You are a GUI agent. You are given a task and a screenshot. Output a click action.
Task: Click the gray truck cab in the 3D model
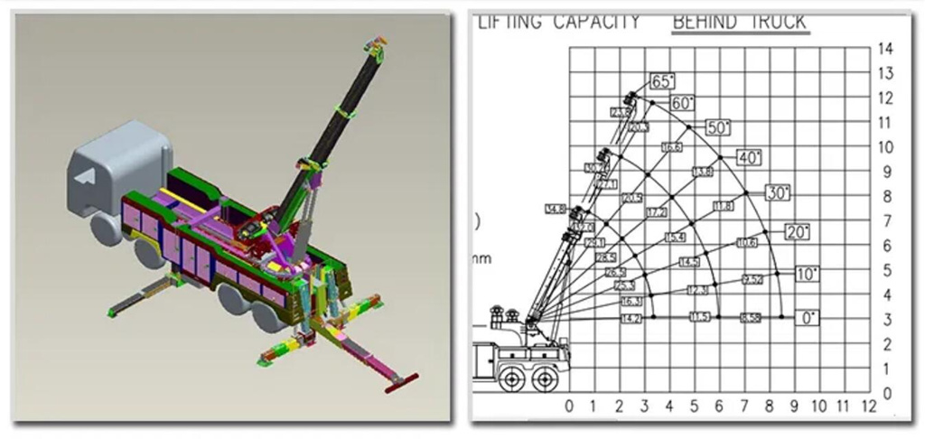point(117,167)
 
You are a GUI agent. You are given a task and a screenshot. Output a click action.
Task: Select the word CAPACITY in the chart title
point(596,21)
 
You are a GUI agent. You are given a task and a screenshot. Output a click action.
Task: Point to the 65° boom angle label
point(662,81)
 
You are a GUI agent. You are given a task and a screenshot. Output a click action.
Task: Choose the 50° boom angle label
point(718,127)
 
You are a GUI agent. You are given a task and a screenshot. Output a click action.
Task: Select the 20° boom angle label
point(797,232)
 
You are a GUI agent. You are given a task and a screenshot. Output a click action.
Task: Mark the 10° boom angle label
point(808,274)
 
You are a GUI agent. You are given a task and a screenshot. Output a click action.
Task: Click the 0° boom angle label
point(810,318)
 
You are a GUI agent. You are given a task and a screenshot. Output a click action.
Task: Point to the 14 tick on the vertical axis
point(886,48)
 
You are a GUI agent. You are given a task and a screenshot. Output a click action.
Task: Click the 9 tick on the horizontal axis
point(795,406)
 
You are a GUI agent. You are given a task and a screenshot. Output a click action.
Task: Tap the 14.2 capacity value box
point(631,318)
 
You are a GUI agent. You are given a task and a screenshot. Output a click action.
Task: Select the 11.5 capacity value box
point(700,318)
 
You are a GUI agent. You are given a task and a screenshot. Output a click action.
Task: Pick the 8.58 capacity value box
point(750,318)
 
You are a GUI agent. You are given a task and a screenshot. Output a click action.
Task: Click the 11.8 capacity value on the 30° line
point(723,207)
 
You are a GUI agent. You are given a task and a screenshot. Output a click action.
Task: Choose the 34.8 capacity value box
point(555,210)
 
